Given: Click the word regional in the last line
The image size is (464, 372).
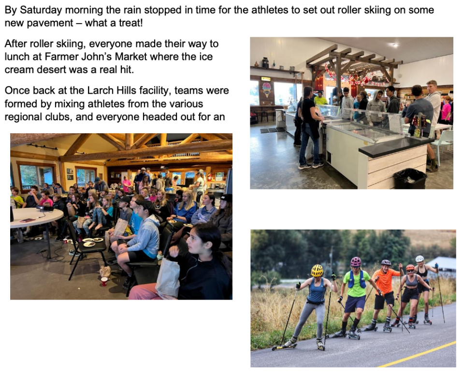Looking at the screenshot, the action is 23,117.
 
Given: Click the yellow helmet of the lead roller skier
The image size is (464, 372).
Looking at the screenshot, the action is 317,271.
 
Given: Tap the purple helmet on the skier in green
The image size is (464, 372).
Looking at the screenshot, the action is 356,261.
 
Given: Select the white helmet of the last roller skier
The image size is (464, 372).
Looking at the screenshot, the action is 420,259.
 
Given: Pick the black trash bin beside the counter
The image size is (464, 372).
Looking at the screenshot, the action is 410,178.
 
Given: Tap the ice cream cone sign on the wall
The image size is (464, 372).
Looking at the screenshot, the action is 266,89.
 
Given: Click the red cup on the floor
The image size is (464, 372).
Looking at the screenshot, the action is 104,281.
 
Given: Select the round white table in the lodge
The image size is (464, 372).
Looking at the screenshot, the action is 35,217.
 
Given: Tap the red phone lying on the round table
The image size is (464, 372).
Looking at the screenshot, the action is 28,220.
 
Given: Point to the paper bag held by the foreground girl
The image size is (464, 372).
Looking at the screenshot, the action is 167,276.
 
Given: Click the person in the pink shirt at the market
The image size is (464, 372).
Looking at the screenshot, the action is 446,109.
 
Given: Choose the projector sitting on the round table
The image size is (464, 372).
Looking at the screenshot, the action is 45,208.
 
